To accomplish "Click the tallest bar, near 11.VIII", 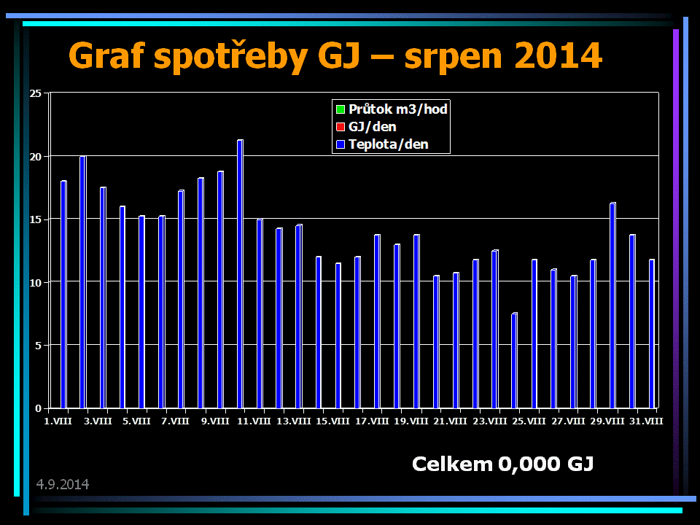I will [x=240, y=273].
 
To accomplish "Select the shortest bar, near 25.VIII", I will [x=514, y=360].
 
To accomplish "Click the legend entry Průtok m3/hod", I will [x=397, y=109].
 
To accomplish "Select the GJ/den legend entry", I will [x=372, y=127].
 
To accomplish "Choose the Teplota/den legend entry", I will [x=388, y=144].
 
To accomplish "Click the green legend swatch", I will [x=340, y=110].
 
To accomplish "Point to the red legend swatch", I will [x=340, y=128].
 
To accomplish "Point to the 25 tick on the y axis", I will [x=35, y=93].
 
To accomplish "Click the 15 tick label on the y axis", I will [x=35, y=219].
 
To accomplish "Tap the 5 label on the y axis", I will [x=38, y=345].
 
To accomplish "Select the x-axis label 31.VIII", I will [x=645, y=421].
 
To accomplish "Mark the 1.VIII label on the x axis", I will [x=58, y=421].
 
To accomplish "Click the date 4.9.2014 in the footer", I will [x=63, y=484].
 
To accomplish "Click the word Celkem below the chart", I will [x=452, y=464].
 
